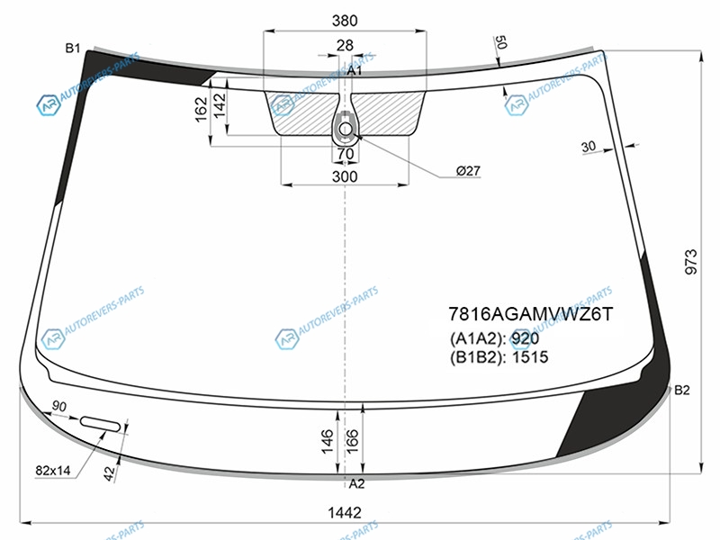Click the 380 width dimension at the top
(345, 21)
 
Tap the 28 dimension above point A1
(345, 45)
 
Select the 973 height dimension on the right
(691, 262)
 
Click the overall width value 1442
(345, 512)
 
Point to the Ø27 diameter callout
(468, 171)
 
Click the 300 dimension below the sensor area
(345, 176)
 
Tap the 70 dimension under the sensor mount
(346, 154)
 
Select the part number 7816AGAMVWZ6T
(530, 314)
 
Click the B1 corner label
(73, 48)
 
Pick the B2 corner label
(682, 390)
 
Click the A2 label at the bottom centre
(356, 483)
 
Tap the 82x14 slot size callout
(53, 470)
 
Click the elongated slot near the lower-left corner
(101, 424)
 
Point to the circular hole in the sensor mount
(345, 129)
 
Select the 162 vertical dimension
(202, 109)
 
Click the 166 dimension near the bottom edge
(352, 441)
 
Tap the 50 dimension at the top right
(500, 42)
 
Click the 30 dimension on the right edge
(589, 147)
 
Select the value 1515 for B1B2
(530, 356)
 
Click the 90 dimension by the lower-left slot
(59, 407)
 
